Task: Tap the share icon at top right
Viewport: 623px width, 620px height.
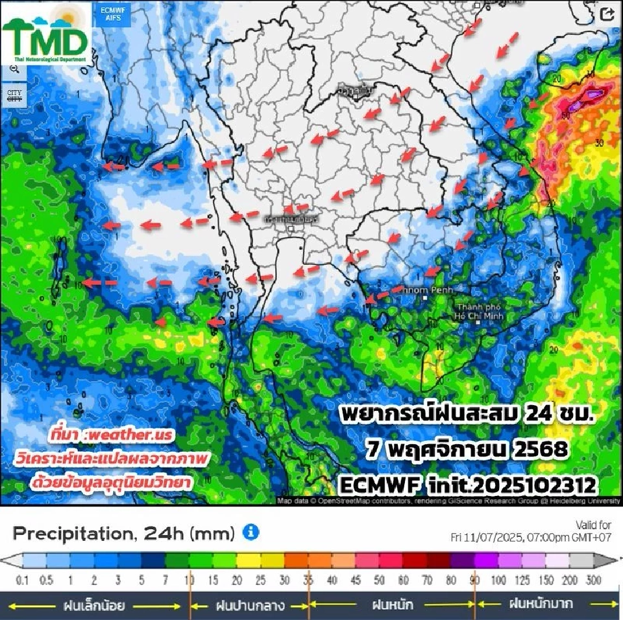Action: (x=607, y=14)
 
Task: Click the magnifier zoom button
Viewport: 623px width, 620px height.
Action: (x=14, y=69)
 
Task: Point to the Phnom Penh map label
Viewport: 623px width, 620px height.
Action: (x=426, y=290)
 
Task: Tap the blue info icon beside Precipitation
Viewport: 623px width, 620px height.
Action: (x=250, y=533)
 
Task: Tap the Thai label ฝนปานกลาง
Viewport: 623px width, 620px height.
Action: (x=249, y=606)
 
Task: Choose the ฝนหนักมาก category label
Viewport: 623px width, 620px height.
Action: (x=541, y=604)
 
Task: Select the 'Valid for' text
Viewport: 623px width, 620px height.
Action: (x=593, y=525)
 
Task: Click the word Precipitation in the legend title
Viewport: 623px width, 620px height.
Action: (x=71, y=534)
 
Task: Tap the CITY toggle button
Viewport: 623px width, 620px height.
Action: (x=14, y=95)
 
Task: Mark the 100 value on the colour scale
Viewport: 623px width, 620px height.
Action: (x=500, y=579)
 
